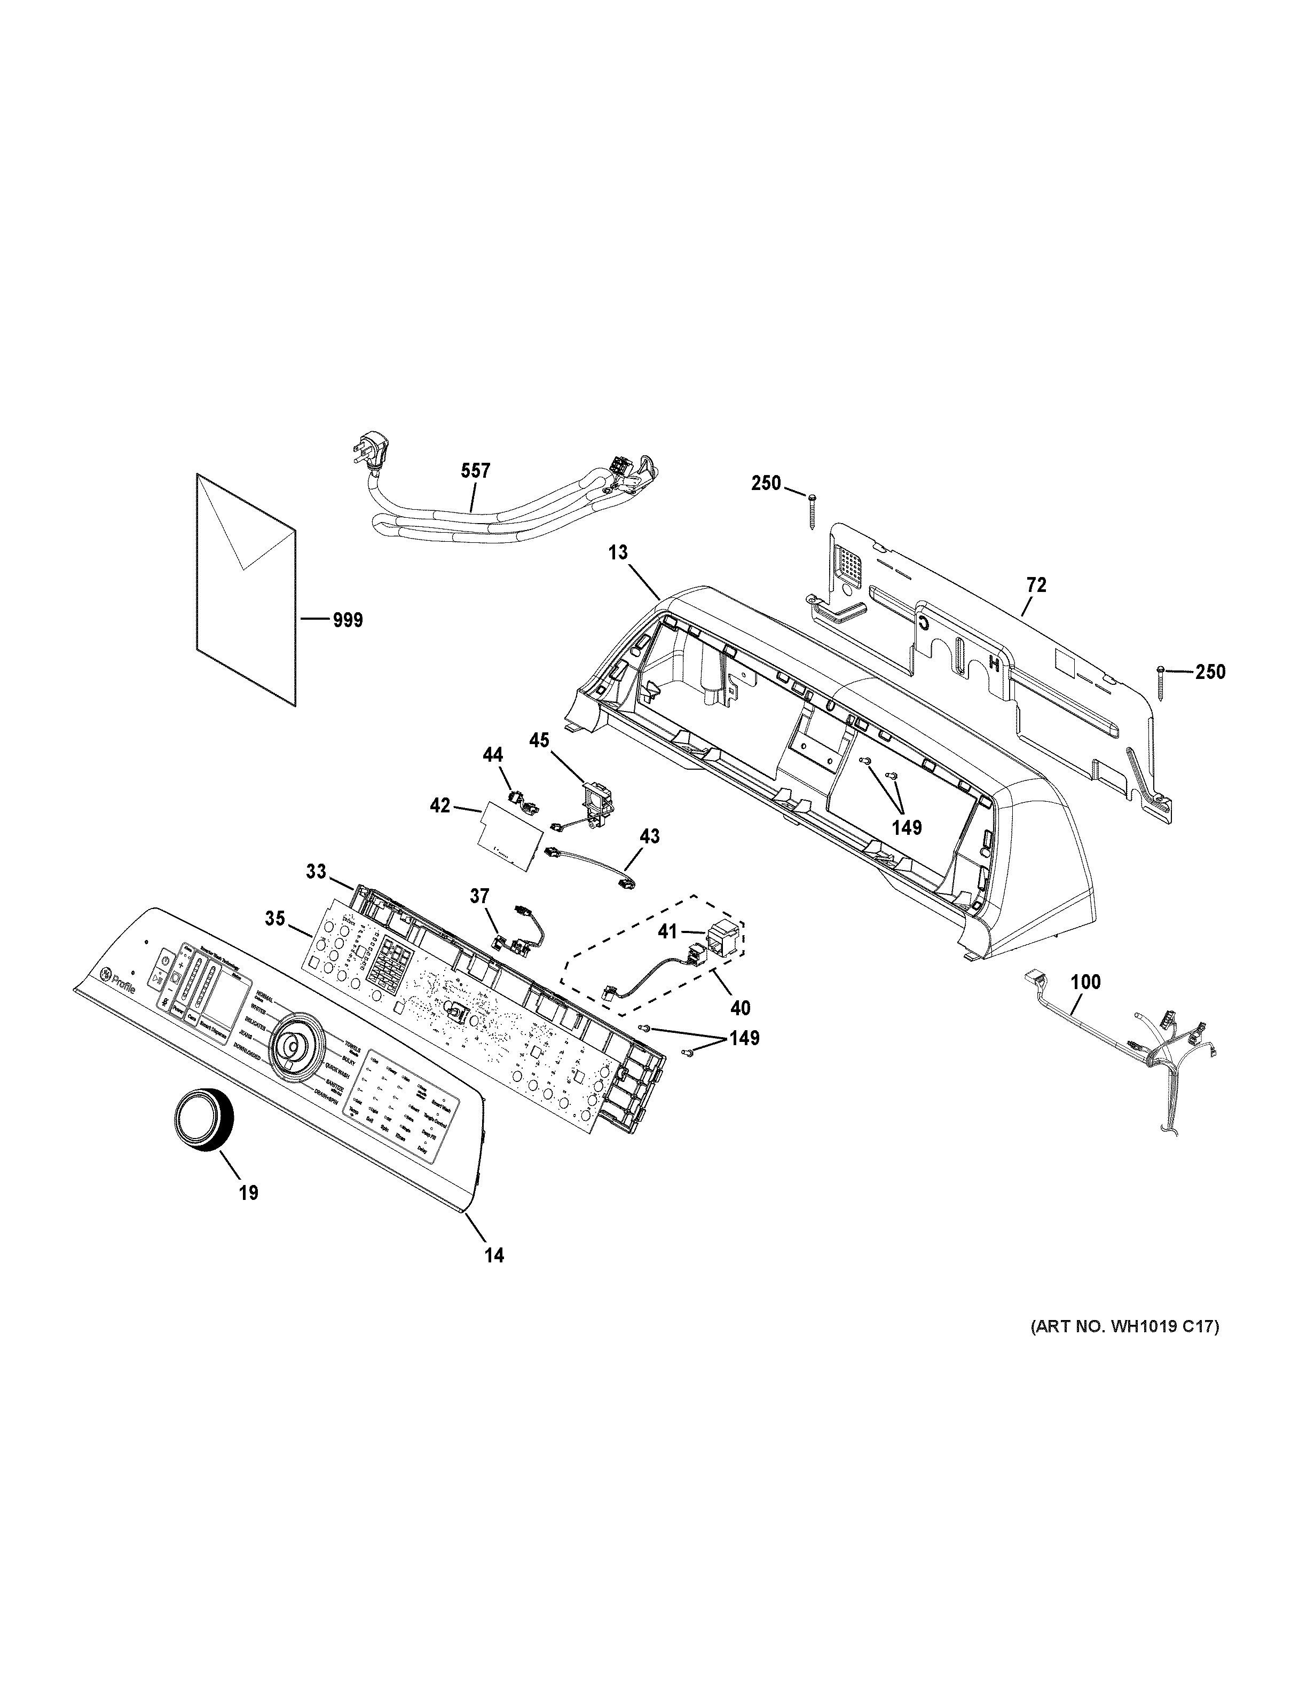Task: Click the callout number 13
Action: pyautogui.click(x=618, y=553)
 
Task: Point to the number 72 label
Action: pyautogui.click(x=1036, y=586)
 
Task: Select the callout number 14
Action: pyautogui.click(x=494, y=1255)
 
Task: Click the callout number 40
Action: pyautogui.click(x=740, y=1007)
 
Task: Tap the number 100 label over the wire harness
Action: pyautogui.click(x=1085, y=983)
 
